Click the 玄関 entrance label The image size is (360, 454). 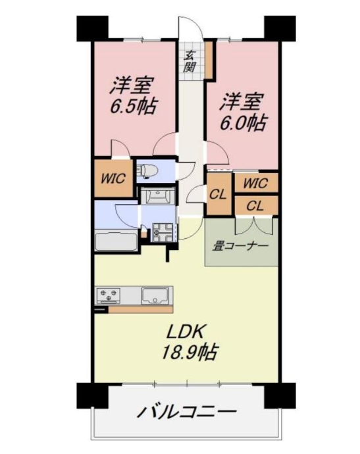(x=190, y=61)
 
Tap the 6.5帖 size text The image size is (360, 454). (x=133, y=106)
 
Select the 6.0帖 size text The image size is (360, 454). (x=243, y=123)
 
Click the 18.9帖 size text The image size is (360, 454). (x=189, y=351)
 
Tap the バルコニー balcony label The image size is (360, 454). (x=187, y=412)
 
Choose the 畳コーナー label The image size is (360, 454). (x=241, y=246)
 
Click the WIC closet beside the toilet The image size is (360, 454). (x=114, y=178)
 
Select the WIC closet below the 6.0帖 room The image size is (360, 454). (x=256, y=183)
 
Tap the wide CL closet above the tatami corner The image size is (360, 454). (x=256, y=206)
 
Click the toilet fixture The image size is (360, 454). (x=147, y=170)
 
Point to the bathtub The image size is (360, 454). (x=116, y=240)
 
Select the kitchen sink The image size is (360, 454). (x=155, y=295)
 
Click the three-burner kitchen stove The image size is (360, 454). (x=109, y=295)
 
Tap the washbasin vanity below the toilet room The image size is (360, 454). (x=158, y=196)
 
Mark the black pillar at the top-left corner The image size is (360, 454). (x=92, y=28)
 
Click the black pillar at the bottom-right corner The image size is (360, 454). (x=280, y=395)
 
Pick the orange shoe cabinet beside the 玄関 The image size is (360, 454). (x=209, y=60)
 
